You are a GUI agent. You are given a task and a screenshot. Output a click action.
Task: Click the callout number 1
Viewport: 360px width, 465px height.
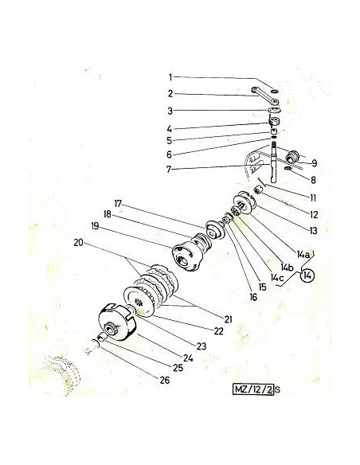pos(170,77)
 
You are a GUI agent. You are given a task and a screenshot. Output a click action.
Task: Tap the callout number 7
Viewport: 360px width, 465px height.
pos(169,170)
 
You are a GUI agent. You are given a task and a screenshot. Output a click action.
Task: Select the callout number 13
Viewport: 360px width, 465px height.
pos(313,230)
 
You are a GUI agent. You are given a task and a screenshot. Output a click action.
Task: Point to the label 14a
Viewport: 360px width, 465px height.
pos(303,254)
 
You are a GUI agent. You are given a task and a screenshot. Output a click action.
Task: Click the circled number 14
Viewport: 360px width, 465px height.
pos(307,275)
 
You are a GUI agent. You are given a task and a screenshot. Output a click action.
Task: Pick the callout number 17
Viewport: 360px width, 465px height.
pos(118,204)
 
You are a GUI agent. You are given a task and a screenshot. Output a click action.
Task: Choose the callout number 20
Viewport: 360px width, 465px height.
pos(79,243)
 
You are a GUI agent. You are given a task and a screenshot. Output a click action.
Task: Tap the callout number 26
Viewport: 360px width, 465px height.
pos(165,380)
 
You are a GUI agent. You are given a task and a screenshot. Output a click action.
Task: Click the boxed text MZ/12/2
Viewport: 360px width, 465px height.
pos(253,389)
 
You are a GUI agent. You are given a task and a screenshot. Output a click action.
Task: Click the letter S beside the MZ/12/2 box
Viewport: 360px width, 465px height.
pos(277,389)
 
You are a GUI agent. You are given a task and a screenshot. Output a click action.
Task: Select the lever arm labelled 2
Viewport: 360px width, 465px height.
pos(265,96)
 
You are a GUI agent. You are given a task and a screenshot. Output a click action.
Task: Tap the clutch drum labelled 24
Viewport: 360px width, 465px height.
pos(117,322)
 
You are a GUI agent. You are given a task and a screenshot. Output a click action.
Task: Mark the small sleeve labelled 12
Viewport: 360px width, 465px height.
pos(259,190)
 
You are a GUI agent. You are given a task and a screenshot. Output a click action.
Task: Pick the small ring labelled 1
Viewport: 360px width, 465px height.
pos(275,90)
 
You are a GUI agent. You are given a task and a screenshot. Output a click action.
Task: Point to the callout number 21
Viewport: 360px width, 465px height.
pos(228,319)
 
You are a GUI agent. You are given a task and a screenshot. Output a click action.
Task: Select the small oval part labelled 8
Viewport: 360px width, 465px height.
pos(288,169)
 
